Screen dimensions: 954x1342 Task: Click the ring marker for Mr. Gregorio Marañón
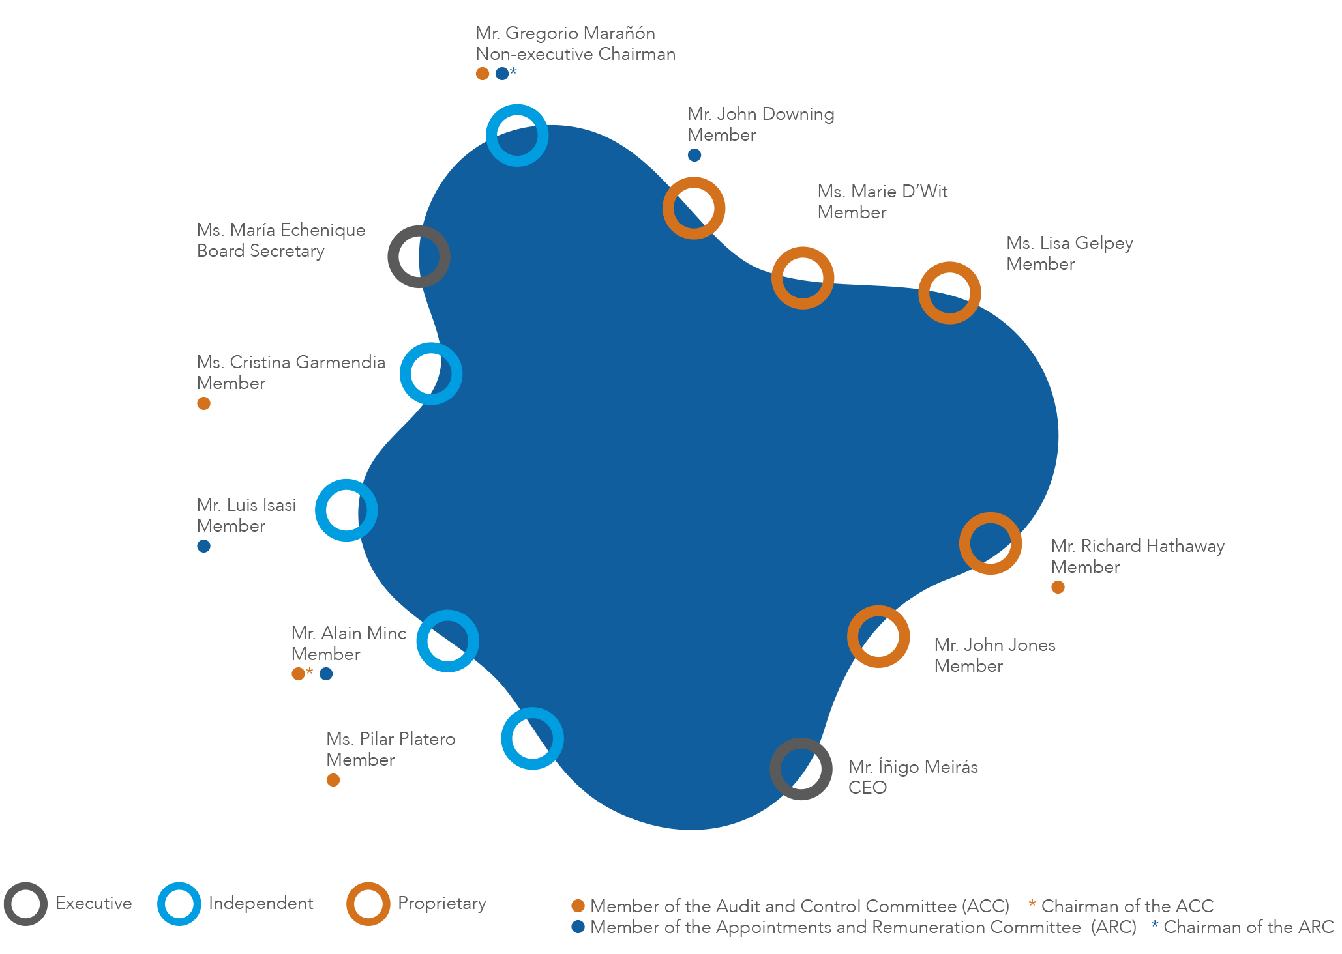(x=517, y=135)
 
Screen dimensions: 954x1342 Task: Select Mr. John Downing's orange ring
(x=694, y=208)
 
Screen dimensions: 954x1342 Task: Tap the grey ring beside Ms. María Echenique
(x=419, y=257)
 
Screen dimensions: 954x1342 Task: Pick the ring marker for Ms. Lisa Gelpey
(x=949, y=293)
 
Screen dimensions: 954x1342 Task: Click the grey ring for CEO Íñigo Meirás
(x=801, y=769)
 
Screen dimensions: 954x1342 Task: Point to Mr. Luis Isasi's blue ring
(x=346, y=510)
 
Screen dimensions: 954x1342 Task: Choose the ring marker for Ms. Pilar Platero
(x=532, y=738)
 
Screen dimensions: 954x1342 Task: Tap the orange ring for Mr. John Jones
(x=878, y=637)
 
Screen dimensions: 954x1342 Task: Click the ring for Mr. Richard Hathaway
(x=991, y=543)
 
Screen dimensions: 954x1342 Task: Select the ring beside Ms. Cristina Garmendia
(x=431, y=373)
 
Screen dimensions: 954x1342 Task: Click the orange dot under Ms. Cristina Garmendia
(x=203, y=403)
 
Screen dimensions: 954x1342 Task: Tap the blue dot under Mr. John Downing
(x=694, y=155)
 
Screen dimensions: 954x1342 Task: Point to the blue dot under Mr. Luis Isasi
(x=203, y=546)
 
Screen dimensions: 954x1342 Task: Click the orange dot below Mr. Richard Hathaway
(x=1058, y=587)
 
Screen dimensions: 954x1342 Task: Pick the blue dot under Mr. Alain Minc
(x=326, y=674)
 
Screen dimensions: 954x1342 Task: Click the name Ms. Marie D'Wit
(x=882, y=192)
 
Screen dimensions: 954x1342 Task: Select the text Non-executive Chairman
(x=575, y=54)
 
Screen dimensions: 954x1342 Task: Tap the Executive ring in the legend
(x=25, y=904)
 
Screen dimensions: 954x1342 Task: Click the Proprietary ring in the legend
(x=368, y=904)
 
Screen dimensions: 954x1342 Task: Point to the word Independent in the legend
(x=261, y=903)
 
